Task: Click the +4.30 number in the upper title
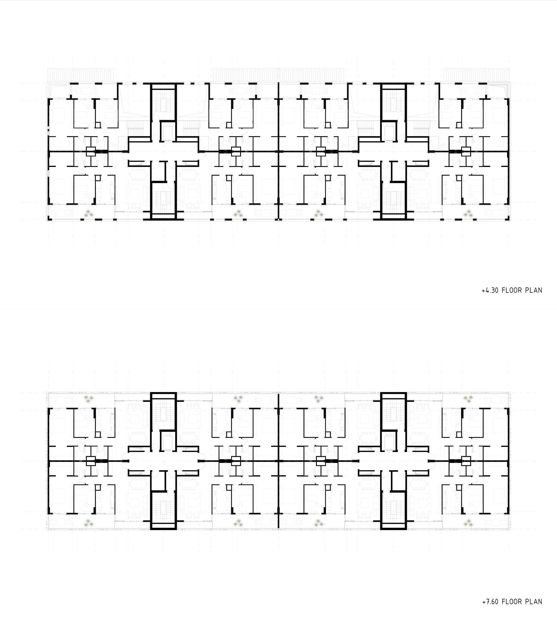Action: click(490, 290)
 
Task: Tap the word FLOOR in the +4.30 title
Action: click(512, 290)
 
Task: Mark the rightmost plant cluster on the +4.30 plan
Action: click(468, 214)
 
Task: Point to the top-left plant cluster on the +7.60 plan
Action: click(89, 399)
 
